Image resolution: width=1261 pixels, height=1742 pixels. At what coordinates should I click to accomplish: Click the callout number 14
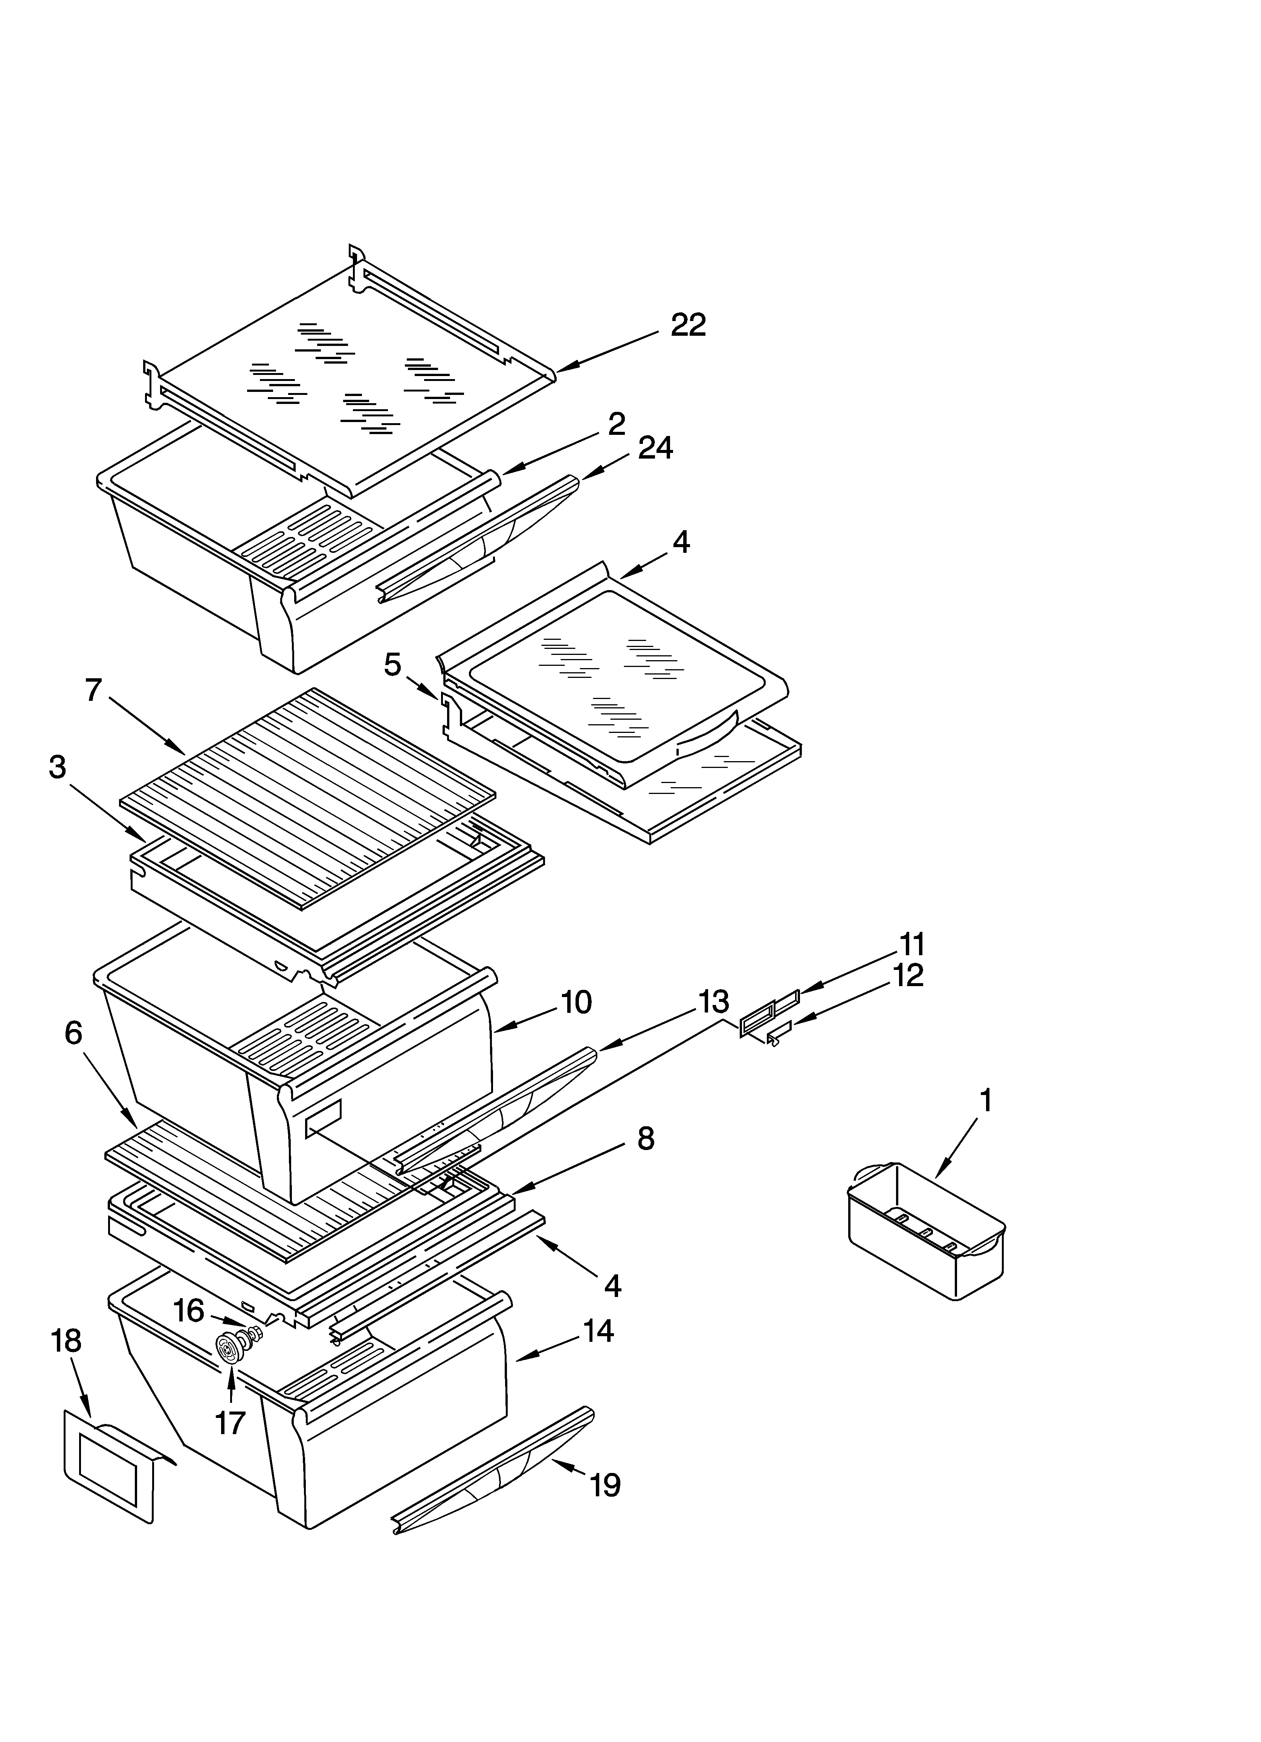[x=597, y=1331]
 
